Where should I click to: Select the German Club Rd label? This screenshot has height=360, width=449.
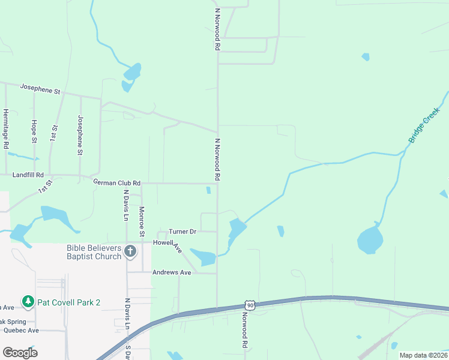[116, 182]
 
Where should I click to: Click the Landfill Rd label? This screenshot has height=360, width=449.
[28, 175]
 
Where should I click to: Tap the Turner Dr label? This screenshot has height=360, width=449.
[182, 231]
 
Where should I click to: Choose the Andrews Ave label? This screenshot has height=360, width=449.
[171, 272]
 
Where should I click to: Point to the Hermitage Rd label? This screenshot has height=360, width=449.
[5, 128]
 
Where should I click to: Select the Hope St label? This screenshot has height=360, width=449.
[34, 131]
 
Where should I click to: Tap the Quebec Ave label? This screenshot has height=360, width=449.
[21, 330]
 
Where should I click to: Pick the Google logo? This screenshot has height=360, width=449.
[20, 353]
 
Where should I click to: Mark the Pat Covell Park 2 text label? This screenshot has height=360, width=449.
[68, 302]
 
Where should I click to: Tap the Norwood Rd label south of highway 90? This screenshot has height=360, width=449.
[245, 331]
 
